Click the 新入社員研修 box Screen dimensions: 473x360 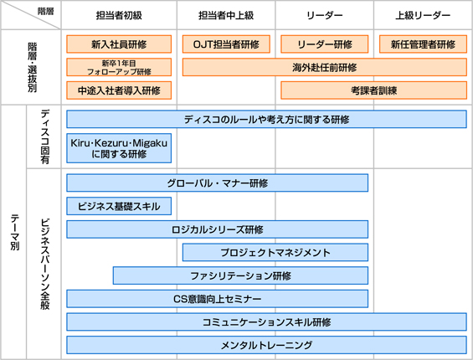119,44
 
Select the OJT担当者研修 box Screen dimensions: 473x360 226,44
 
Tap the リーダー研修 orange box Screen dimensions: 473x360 324,44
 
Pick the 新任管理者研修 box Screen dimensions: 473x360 423,44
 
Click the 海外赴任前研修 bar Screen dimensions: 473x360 325,67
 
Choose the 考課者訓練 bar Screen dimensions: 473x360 373,90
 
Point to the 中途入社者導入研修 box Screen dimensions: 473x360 119,90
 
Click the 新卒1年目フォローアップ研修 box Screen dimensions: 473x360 119,67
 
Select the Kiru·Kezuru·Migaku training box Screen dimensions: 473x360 119,148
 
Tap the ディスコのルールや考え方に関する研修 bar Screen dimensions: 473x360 267,119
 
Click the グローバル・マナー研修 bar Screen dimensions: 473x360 217,183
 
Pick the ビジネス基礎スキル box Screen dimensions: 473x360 119,206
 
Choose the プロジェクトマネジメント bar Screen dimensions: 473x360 275,252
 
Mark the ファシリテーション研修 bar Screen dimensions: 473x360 240,275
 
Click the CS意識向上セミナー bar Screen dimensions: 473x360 217,299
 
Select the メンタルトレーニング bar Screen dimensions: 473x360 267,345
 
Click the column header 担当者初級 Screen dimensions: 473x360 119,15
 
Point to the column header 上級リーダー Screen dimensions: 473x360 423,15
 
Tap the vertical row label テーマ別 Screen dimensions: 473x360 15,233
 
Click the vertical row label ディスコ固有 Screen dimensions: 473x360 44,136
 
